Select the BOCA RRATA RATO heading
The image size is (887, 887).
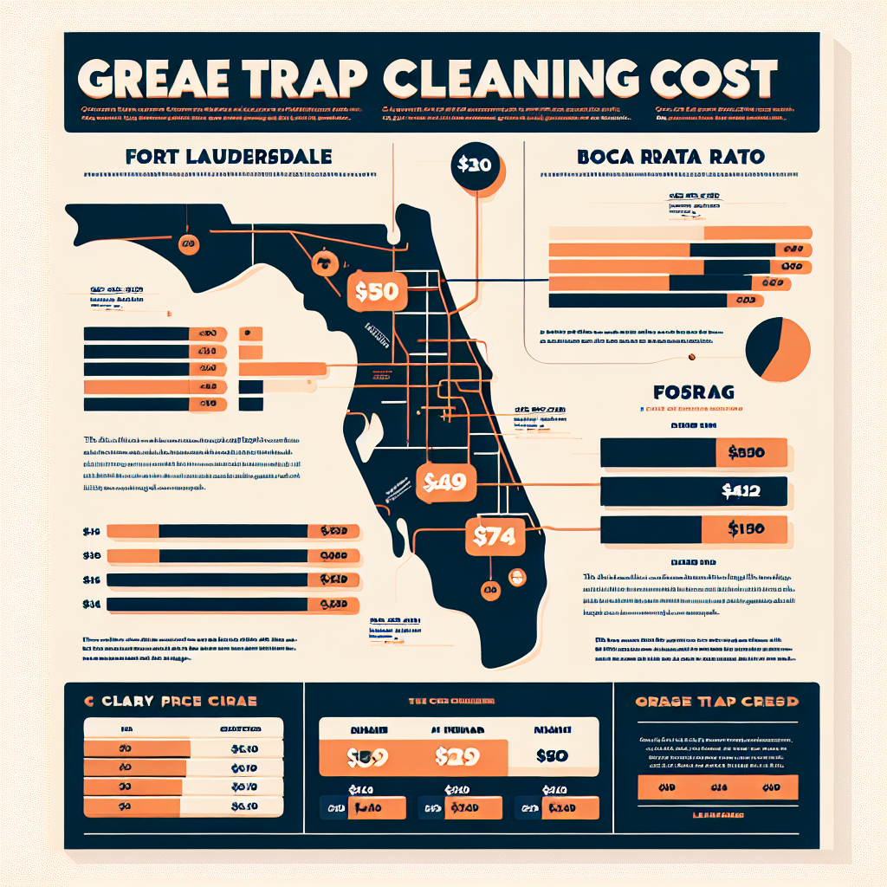[x=670, y=158]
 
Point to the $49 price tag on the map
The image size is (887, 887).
[x=446, y=483]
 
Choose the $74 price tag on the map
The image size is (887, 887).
[x=495, y=537]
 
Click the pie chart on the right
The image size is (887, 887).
[x=777, y=349]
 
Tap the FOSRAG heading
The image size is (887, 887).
[x=696, y=392]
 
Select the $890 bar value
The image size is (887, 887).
[x=747, y=451]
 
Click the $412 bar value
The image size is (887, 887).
[x=741, y=491]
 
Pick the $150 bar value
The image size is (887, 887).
[x=745, y=528]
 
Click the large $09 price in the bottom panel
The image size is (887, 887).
[x=366, y=755]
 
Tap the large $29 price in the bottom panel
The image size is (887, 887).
[x=456, y=755]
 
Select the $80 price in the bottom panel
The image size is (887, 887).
[x=551, y=755]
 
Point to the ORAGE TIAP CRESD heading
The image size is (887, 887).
[x=716, y=701]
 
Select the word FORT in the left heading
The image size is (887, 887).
[x=151, y=158]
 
